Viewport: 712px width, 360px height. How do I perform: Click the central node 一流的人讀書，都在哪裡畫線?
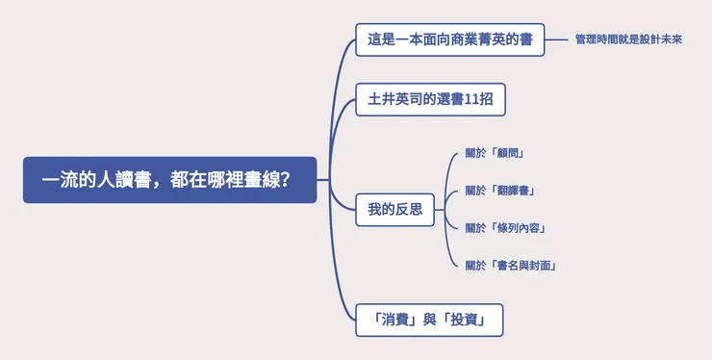pyautogui.click(x=169, y=180)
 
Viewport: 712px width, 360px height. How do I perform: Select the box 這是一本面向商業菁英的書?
pyautogui.click(x=449, y=40)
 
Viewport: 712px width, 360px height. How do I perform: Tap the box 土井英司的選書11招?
pyautogui.click(x=430, y=99)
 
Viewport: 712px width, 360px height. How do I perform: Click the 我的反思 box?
pyautogui.click(x=394, y=209)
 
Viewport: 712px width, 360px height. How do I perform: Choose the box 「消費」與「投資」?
pyautogui.click(x=430, y=320)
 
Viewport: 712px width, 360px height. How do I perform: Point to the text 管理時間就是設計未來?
pyautogui.click(x=628, y=40)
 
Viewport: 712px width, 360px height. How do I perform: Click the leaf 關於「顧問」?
pyautogui.click(x=494, y=154)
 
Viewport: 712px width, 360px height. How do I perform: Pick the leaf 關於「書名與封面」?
pyautogui.click(x=512, y=266)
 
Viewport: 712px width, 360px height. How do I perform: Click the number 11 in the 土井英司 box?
pyautogui.click(x=473, y=99)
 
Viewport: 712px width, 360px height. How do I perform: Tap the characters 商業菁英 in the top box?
pyautogui.click(x=477, y=40)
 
